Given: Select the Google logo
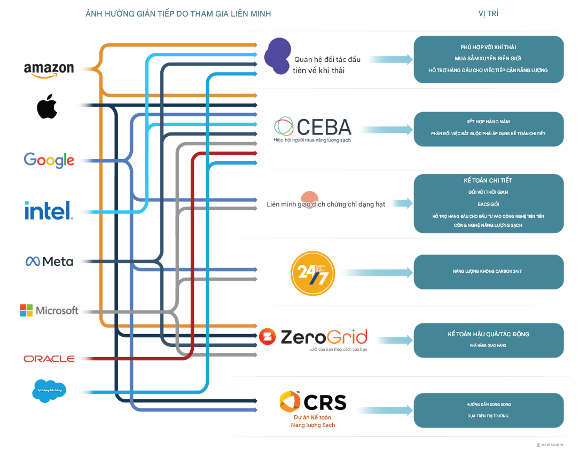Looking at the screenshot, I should pyautogui.click(x=49, y=160).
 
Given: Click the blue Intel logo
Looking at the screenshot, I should pyautogui.click(x=49, y=210).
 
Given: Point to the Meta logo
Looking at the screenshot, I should pyautogui.click(x=49, y=261).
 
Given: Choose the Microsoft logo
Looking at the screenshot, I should pyautogui.click(x=49, y=310).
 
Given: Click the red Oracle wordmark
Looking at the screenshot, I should pyautogui.click(x=49, y=359).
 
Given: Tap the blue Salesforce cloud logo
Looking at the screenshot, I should pyautogui.click(x=49, y=390).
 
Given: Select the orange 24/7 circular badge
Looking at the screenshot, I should pyautogui.click(x=312, y=273).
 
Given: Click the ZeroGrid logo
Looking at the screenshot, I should pyautogui.click(x=314, y=337).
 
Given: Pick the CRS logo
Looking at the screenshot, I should pyautogui.click(x=314, y=402).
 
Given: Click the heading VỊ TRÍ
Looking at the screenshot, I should pyautogui.click(x=488, y=13).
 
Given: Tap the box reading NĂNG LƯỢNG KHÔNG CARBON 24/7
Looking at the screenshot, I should pyautogui.click(x=488, y=272).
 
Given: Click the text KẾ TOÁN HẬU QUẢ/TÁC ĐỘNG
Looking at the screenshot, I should pyautogui.click(x=488, y=334).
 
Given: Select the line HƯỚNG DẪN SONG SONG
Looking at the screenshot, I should pyautogui.click(x=488, y=405).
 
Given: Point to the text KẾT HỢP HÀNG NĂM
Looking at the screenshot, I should pyautogui.click(x=488, y=122).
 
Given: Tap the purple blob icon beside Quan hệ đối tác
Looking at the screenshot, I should pyautogui.click(x=278, y=56).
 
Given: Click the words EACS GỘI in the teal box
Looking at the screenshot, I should pyautogui.click(x=488, y=204).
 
